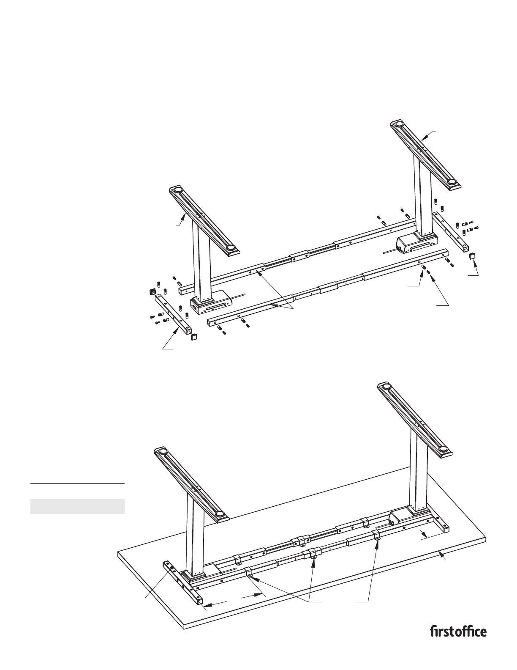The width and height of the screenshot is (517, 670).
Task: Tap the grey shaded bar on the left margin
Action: coord(77,506)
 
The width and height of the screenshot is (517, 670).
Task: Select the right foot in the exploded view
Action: coord(425,155)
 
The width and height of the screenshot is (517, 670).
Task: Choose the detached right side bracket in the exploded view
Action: coord(452,231)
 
